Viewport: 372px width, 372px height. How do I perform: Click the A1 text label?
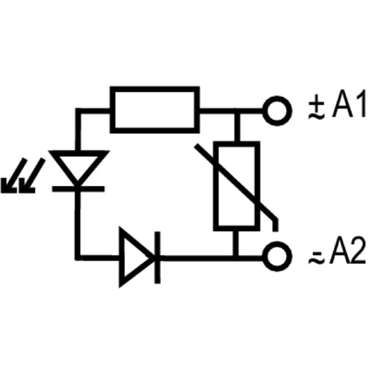coord(349,104)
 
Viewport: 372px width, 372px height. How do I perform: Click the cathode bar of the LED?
coord(78,189)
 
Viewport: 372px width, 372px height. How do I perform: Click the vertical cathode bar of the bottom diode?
coord(158,258)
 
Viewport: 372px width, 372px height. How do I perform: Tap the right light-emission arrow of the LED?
coord(32,176)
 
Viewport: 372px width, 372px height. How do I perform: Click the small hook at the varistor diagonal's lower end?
coord(275,224)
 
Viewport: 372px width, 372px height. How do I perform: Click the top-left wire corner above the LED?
coord(78,111)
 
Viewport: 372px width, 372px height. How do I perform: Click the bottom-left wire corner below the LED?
coord(78,258)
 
